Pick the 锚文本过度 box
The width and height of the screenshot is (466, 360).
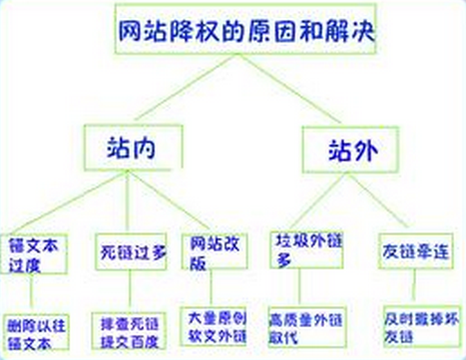(x=37, y=252)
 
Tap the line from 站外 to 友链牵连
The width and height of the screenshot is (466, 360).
(x=384, y=200)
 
